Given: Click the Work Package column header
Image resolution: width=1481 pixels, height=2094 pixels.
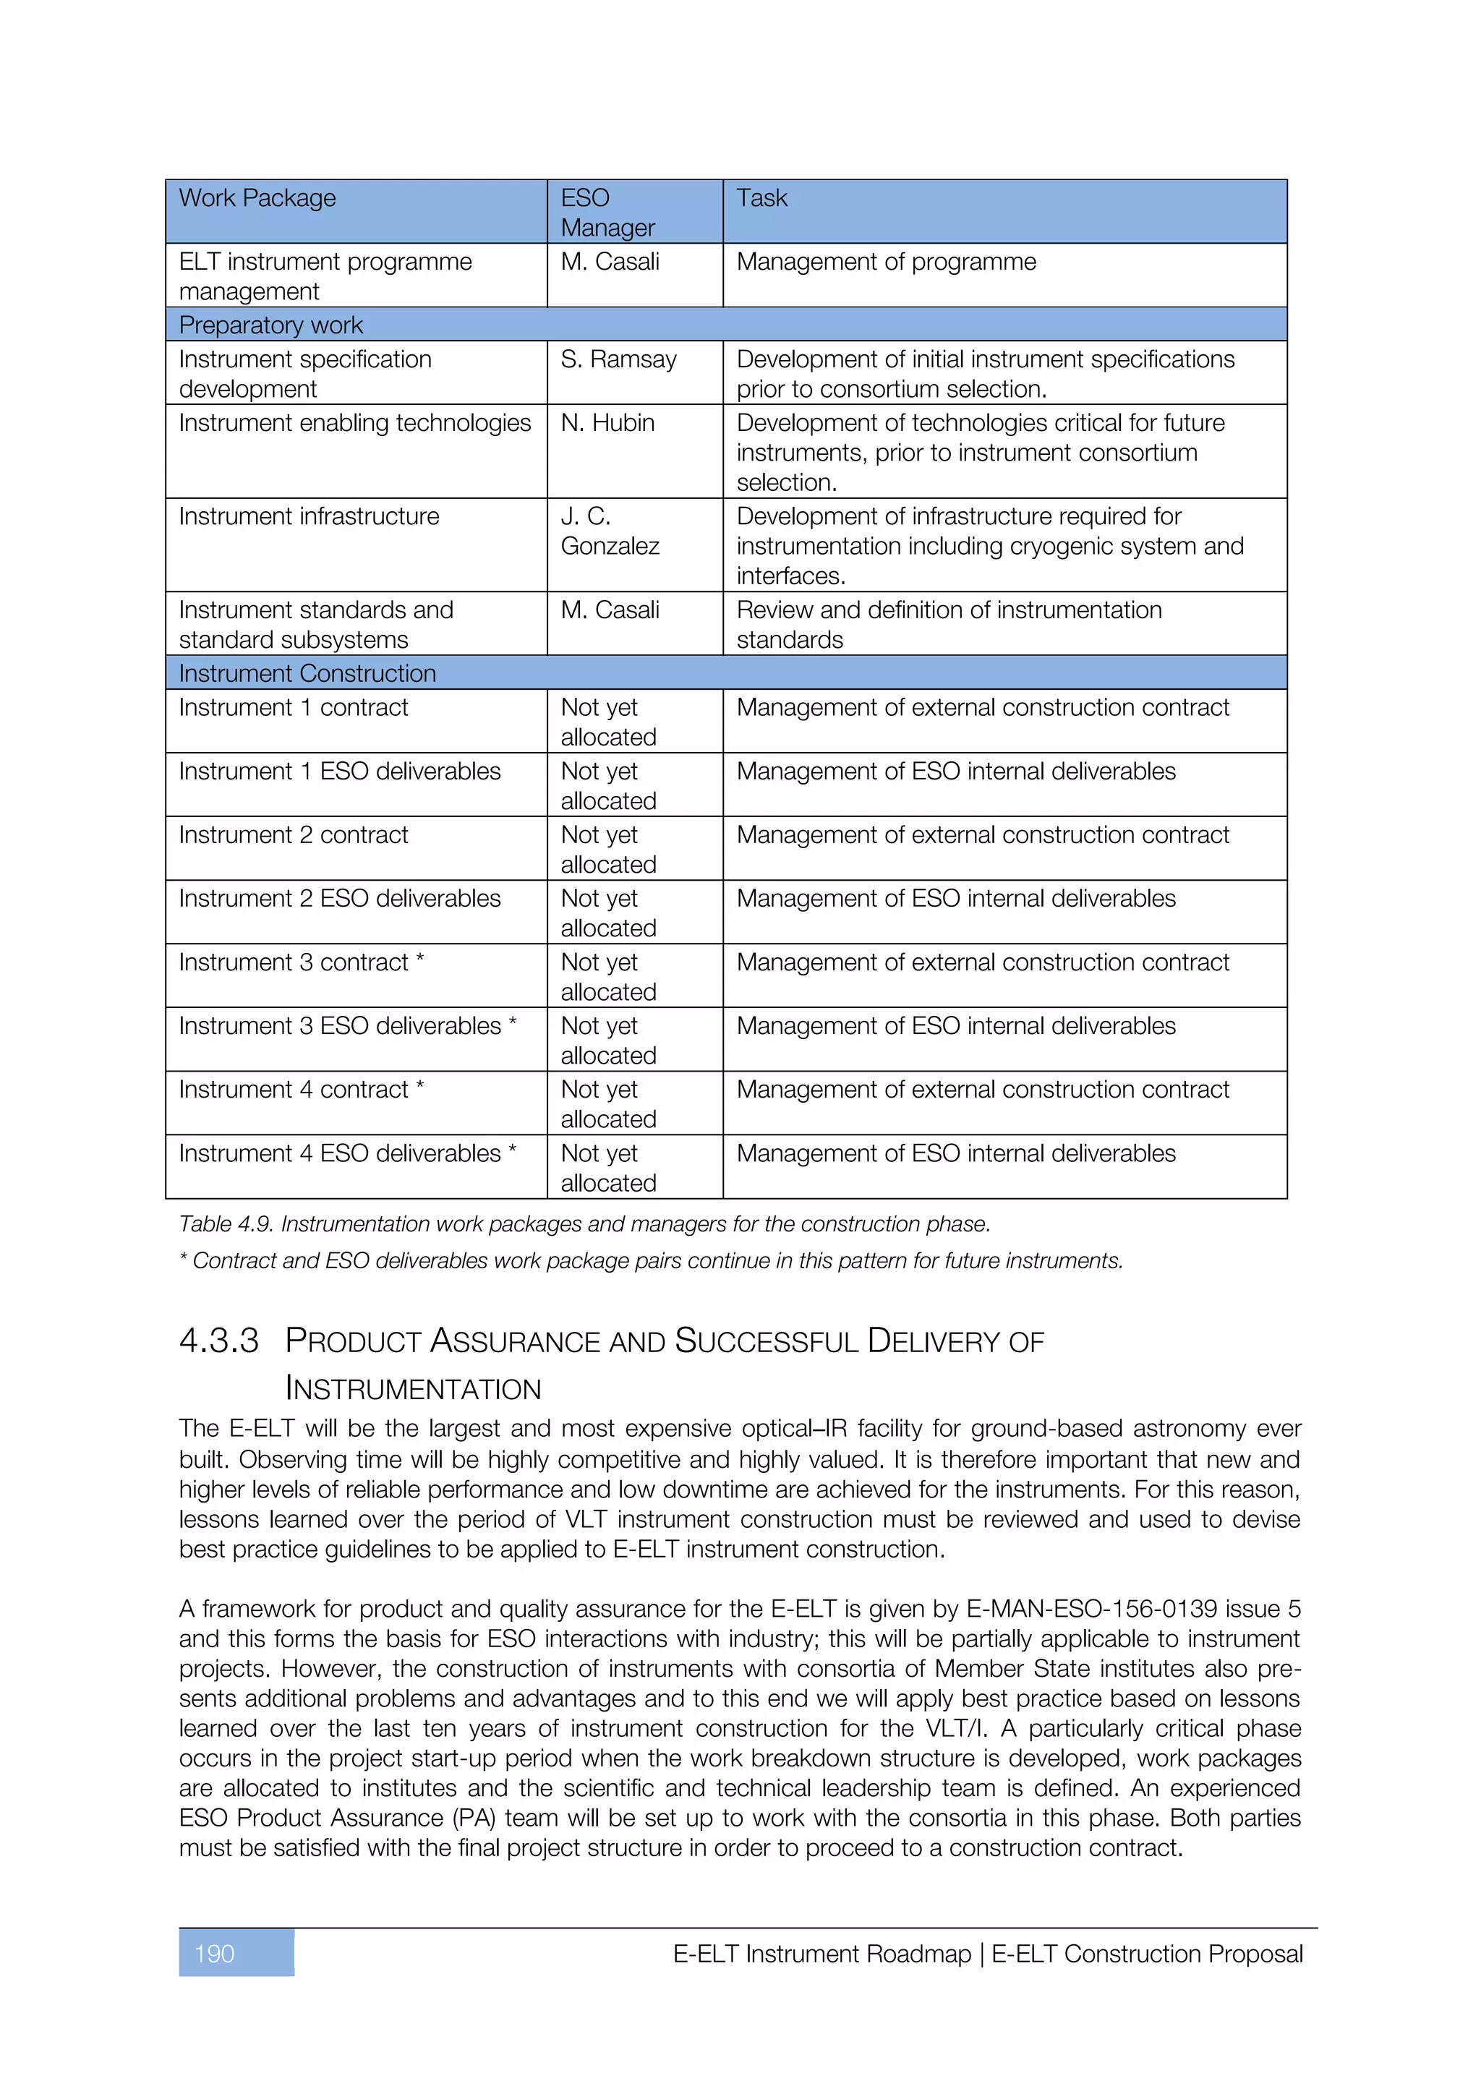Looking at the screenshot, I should tap(258, 199).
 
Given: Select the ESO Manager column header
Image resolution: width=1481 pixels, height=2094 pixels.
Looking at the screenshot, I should tap(607, 213).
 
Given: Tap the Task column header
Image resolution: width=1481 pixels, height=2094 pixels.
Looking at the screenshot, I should tap(761, 199).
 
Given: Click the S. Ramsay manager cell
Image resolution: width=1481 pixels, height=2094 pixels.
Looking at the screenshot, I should tap(618, 359).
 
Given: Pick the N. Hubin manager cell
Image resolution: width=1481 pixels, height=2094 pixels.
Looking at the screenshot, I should tap(607, 423).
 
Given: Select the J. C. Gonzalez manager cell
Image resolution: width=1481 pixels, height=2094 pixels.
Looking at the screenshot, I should tap(609, 531).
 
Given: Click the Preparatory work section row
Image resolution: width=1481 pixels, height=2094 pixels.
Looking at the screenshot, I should tap(271, 325).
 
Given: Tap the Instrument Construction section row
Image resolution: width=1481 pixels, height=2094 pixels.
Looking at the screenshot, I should tap(307, 673).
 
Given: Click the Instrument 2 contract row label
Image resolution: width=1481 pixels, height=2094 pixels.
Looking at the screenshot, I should tap(294, 834).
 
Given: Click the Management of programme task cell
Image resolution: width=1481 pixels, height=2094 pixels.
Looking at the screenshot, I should tap(886, 262).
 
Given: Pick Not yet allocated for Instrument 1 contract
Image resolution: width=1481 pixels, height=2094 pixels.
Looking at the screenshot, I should tap(607, 722).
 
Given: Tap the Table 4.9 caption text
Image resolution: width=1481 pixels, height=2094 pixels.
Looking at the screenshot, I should tap(584, 1224).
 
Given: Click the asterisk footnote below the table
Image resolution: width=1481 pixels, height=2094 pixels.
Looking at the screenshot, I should tap(650, 1260).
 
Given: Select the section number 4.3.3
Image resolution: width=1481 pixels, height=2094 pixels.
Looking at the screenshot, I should tap(219, 1341).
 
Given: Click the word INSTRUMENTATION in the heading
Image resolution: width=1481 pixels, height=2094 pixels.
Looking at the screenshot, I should tap(413, 1388).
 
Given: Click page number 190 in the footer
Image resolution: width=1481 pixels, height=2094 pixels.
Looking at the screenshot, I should tap(215, 1954).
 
